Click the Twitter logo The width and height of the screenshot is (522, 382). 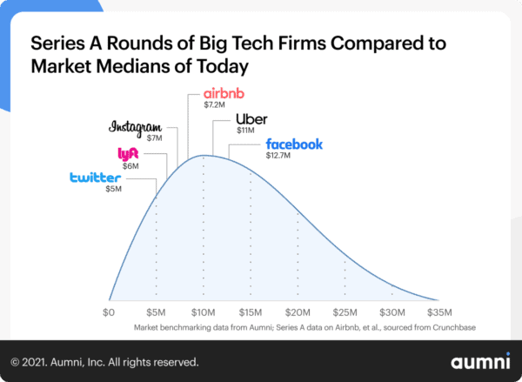tap(95, 178)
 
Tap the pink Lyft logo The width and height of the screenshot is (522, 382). tap(128, 155)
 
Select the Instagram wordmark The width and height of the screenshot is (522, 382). tap(136, 127)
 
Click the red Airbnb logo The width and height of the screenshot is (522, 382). tap(225, 94)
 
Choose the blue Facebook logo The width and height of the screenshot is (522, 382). tap(294, 144)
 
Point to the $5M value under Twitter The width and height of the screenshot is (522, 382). tap(113, 190)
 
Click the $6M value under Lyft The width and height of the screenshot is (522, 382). tap(130, 166)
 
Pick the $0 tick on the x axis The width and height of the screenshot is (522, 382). tap(109, 312)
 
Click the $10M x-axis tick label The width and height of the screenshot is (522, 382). tap(204, 312)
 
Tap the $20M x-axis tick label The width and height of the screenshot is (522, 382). tap(298, 312)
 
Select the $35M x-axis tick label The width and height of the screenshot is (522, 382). tap(440, 312)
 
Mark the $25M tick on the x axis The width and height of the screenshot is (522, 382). tap(345, 312)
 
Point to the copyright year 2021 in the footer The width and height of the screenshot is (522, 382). tap(39, 361)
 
